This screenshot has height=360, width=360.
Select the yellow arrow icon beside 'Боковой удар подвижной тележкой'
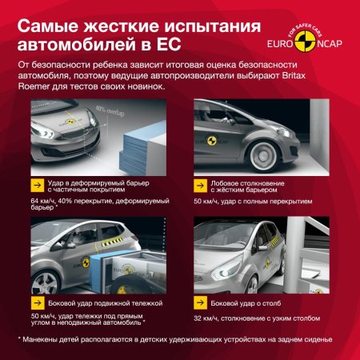click(x=37, y=303)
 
